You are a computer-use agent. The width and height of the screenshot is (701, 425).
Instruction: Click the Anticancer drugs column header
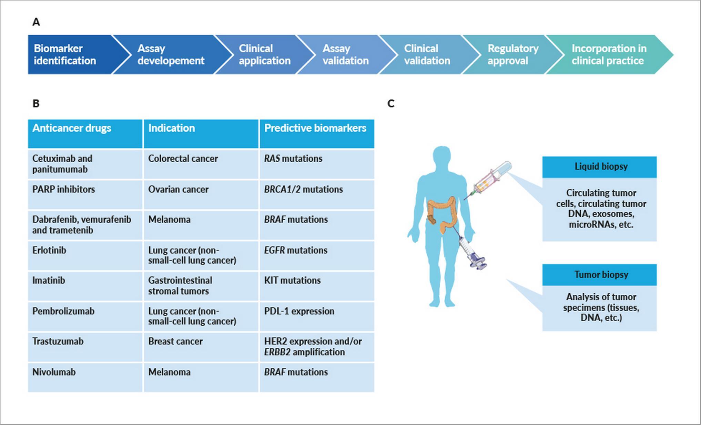(x=85, y=134)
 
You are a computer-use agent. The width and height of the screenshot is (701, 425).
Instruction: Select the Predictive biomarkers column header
(x=316, y=134)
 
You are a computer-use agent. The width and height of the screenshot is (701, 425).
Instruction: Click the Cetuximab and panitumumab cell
(x=85, y=164)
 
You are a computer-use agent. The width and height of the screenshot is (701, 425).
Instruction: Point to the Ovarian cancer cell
(x=201, y=195)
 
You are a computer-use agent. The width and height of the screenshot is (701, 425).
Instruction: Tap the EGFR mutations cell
(x=316, y=255)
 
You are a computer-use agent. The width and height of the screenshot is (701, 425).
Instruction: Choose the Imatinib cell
(x=85, y=286)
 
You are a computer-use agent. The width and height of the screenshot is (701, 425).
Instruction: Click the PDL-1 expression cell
(x=316, y=316)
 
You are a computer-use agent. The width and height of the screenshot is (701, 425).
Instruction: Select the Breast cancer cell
(x=201, y=347)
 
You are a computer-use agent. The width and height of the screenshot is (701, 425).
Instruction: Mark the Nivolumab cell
(x=85, y=377)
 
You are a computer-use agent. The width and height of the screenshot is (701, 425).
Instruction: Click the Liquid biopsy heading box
(x=599, y=167)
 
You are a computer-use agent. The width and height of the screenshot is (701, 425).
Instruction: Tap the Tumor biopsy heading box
(x=599, y=275)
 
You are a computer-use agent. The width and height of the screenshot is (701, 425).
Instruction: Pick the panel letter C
(x=391, y=103)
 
